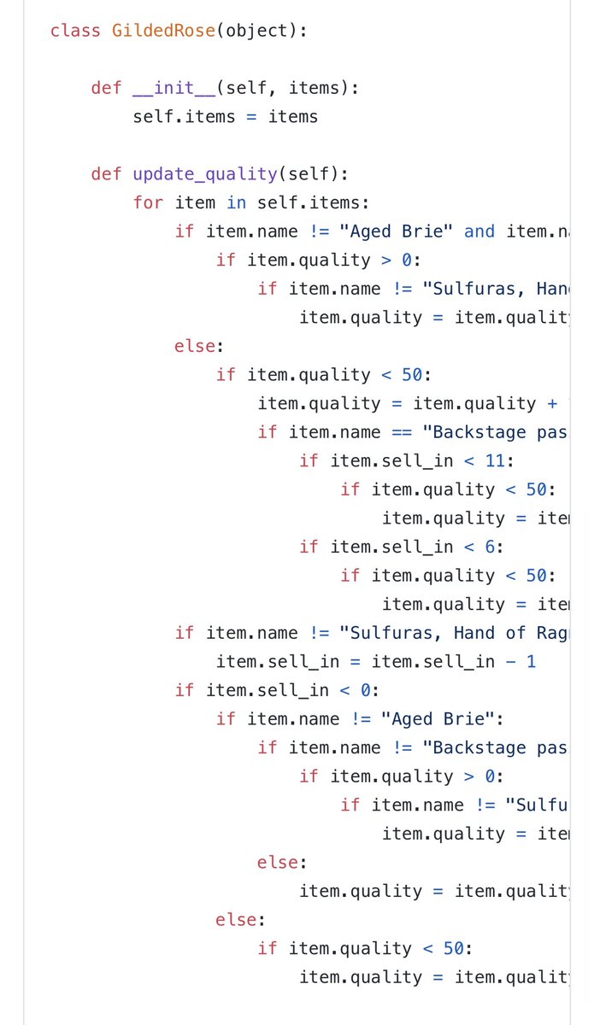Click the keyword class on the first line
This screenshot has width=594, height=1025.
[75, 31]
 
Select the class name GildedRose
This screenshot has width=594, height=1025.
[163, 31]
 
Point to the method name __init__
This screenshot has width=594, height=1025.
[173, 88]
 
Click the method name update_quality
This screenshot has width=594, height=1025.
[204, 174]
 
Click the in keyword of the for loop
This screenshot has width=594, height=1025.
[236, 203]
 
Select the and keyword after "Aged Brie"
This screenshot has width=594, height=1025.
[479, 231]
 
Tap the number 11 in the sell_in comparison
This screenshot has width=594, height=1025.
[495, 461]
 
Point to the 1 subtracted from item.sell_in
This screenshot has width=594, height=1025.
[531, 662]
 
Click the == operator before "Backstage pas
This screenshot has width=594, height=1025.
[402, 432]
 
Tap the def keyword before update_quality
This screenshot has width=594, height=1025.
[106, 174]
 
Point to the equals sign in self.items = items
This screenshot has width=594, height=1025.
[251, 117]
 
